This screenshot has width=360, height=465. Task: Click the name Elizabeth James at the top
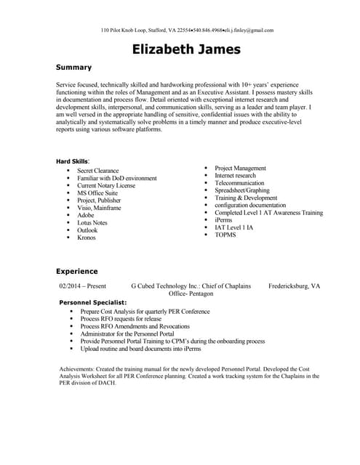(186, 49)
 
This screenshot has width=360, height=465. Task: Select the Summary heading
(73, 67)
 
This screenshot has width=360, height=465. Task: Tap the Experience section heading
(78, 271)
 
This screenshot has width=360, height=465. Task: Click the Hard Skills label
(72, 161)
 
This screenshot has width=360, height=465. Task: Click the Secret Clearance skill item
(97, 171)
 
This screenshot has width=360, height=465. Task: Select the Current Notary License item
(106, 186)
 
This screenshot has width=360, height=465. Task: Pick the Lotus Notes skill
(92, 223)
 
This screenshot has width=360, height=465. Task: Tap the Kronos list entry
(87, 238)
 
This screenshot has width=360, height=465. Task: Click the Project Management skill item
(240, 168)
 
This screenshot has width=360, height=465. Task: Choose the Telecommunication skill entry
(239, 183)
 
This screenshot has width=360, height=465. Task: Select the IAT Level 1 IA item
(234, 227)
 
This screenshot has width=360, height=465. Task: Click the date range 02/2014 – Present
(83, 286)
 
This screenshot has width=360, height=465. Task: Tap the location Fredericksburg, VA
(294, 286)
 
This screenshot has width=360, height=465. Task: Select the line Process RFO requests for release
(121, 318)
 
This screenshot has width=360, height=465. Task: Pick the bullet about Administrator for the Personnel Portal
(132, 333)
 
